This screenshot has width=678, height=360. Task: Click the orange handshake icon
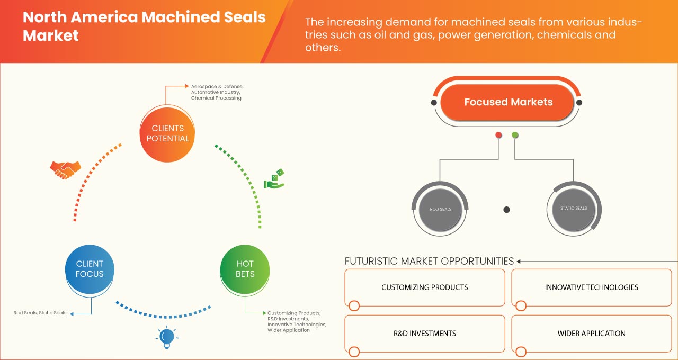[65, 169]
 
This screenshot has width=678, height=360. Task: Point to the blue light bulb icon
[167, 337]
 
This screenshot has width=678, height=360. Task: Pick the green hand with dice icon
[274, 179]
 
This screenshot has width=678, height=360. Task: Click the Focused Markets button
[508, 102]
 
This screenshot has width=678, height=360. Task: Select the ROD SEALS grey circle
[440, 209]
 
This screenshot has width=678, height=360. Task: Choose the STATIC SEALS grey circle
[574, 208]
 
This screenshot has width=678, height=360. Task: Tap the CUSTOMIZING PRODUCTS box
[424, 287]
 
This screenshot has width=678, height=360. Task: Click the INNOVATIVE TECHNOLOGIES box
[591, 287]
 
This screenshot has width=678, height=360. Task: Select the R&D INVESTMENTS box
[424, 334]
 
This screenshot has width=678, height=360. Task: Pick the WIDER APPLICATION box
[591, 334]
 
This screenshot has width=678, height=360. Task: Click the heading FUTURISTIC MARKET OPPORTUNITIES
[429, 261]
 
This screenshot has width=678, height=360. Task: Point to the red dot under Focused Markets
[498, 136]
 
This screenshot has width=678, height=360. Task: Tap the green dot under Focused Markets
[515, 136]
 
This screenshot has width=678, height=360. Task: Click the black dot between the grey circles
[506, 210]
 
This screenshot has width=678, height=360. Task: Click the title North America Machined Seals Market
[144, 26]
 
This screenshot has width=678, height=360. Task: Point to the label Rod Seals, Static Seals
[40, 313]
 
